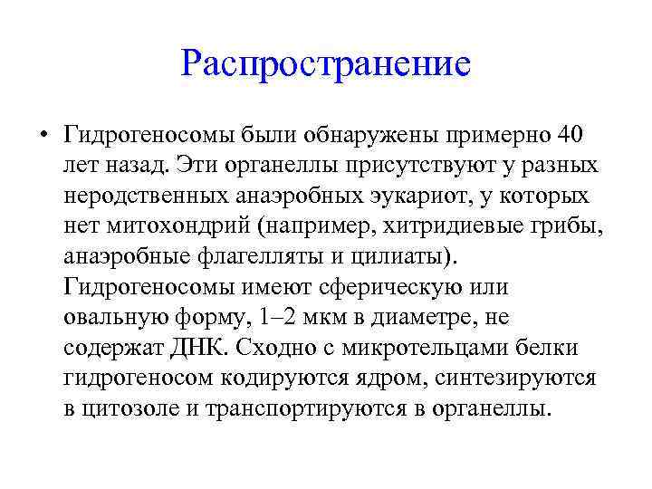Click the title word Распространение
(326, 64)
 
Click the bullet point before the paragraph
(43, 137)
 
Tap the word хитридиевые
(437, 226)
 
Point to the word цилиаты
(408, 256)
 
